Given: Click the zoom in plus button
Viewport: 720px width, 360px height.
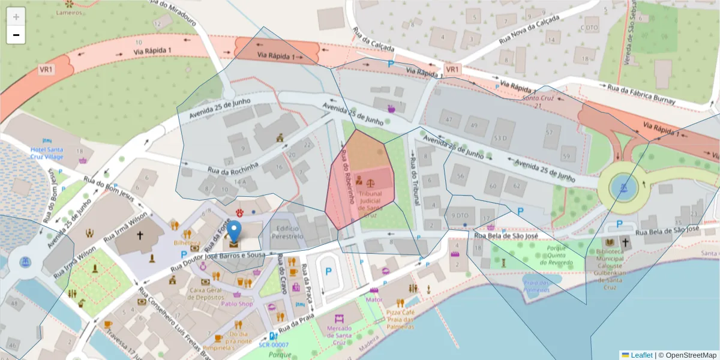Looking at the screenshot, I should tap(16, 17).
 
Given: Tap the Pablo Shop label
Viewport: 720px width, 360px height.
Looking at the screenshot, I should tap(237, 304).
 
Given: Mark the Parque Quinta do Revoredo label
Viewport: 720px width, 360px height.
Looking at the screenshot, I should tap(548, 255).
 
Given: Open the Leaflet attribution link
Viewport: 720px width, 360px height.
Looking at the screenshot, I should tap(641, 355).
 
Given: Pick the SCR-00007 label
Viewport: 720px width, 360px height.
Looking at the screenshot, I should tap(274, 345).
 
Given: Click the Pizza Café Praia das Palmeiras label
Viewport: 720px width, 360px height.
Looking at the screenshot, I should tap(400, 320).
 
